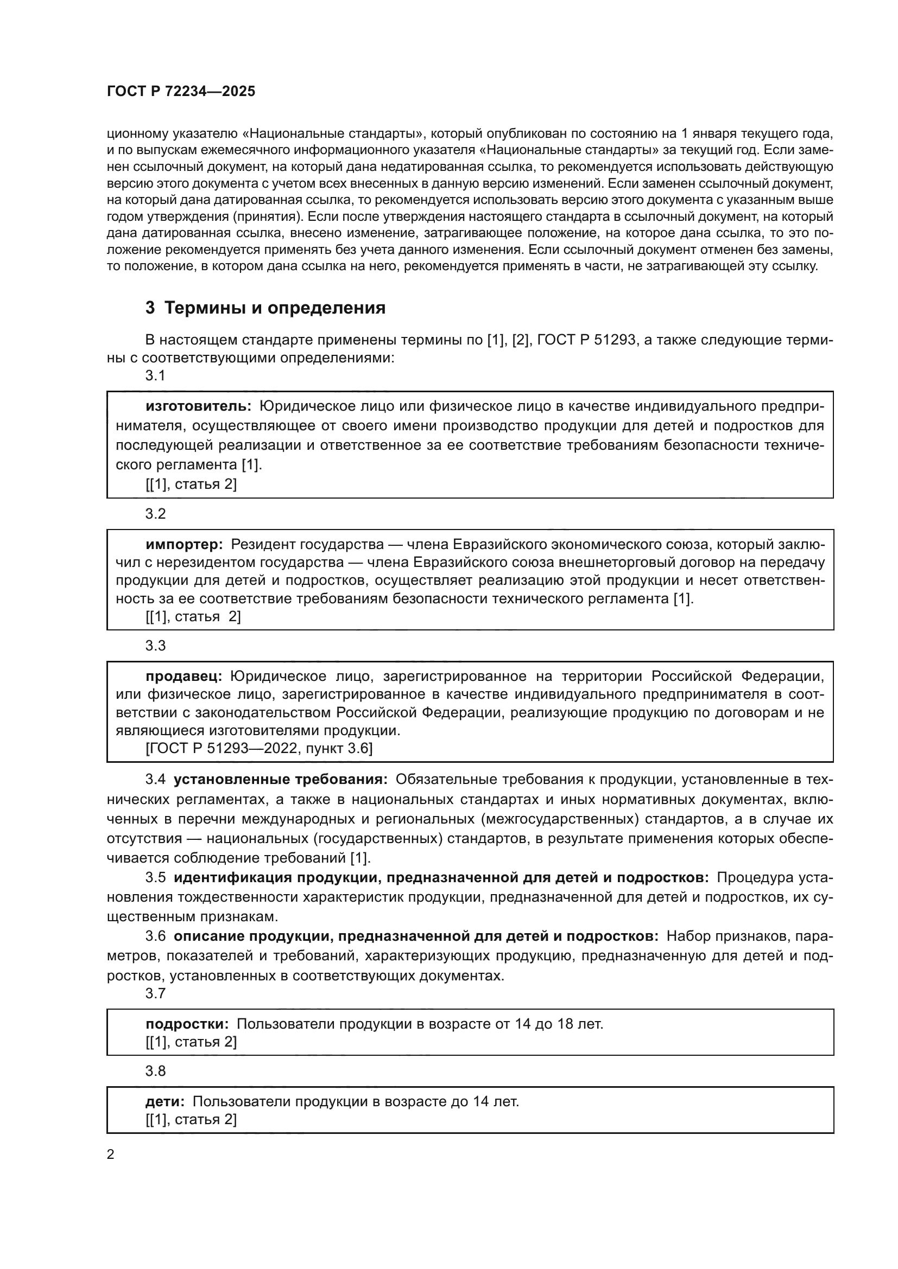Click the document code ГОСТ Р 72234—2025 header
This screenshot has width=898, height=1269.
coord(181,92)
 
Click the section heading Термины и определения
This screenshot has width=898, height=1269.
coord(275,308)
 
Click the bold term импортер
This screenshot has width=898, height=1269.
coord(184,544)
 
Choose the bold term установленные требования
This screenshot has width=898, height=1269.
coord(280,780)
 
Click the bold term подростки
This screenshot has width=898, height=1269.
coord(187,1024)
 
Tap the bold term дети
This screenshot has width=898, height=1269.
coord(165,1101)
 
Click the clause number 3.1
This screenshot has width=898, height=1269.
coord(155,376)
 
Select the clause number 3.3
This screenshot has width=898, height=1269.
coord(155,646)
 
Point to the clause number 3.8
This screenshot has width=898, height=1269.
coord(155,1071)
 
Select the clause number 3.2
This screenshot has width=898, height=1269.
coord(155,514)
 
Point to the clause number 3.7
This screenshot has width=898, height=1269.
coord(155,994)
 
